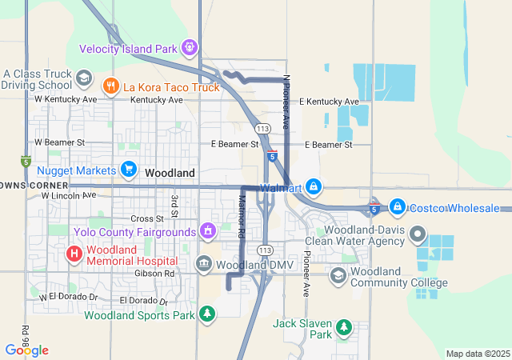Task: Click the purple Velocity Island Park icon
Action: pos(189,48)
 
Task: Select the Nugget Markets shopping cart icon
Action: pos(128,169)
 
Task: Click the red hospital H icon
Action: pos(74,254)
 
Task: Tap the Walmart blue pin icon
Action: pos(313,187)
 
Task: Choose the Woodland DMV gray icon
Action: pos(204,263)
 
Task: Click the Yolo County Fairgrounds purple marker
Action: pos(208,231)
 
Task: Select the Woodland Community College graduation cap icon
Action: pos(338,275)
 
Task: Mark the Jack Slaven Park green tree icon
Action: pos(343,326)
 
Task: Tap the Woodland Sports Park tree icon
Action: pos(207,313)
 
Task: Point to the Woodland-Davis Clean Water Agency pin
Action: pos(417,234)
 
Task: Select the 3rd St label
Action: pos(173,206)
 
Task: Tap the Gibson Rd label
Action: pos(158,273)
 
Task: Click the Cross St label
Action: pos(146,218)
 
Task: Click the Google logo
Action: pos(26,350)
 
